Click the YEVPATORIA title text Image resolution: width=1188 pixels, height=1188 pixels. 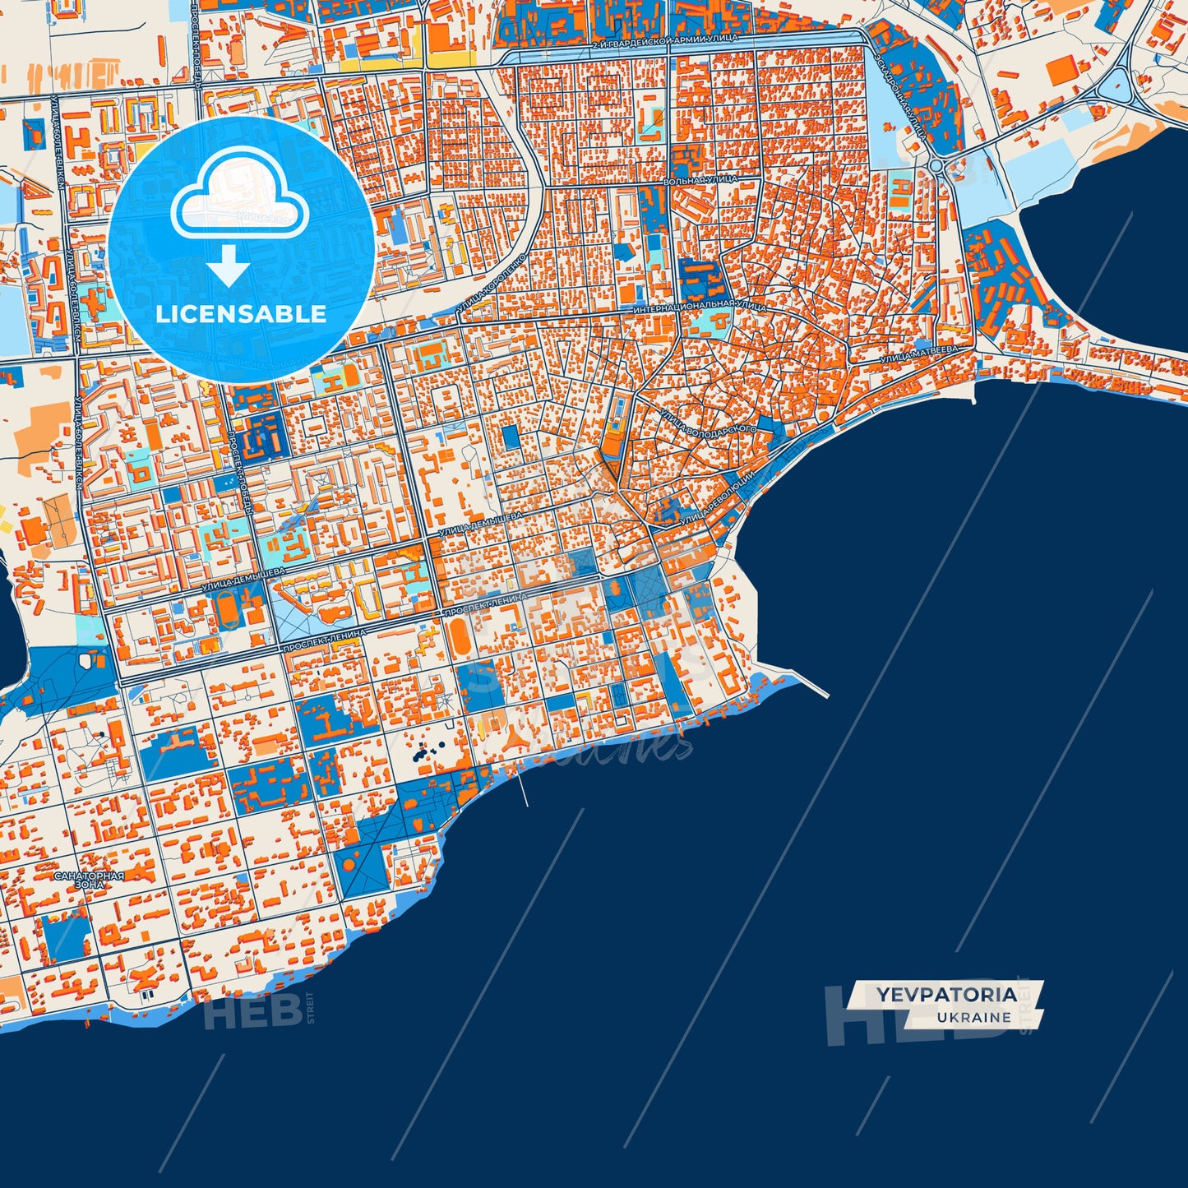(945, 995)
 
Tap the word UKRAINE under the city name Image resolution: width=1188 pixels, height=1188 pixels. (973, 1017)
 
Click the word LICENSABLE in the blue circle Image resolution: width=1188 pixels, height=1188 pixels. (241, 314)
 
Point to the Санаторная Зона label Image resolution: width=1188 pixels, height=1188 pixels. (90, 880)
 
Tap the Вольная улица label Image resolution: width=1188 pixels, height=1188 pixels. (700, 179)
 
